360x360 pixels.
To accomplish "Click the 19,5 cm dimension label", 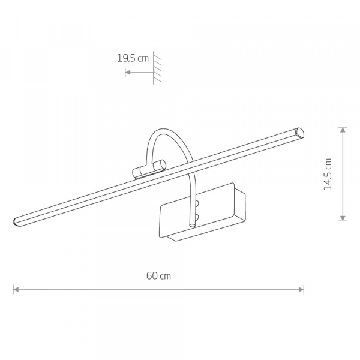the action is pyautogui.click(x=133, y=58).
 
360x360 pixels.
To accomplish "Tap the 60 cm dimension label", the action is pyautogui.click(x=158, y=276).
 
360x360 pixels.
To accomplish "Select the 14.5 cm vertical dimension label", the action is pyautogui.click(x=328, y=174).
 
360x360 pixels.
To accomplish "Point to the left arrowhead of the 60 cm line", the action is pyautogui.click(x=16, y=290).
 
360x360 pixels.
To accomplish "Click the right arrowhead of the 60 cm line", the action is pyautogui.click(x=301, y=290).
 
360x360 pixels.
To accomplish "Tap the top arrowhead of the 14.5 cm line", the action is pyautogui.click(x=343, y=130).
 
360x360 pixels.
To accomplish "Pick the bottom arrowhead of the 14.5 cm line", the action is pyautogui.click(x=343, y=218).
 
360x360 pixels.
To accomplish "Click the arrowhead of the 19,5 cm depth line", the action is pyautogui.click(x=128, y=73).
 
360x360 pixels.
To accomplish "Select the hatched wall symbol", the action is pyautogui.click(x=157, y=67).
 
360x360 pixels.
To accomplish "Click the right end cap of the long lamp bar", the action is pyautogui.click(x=300, y=133).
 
